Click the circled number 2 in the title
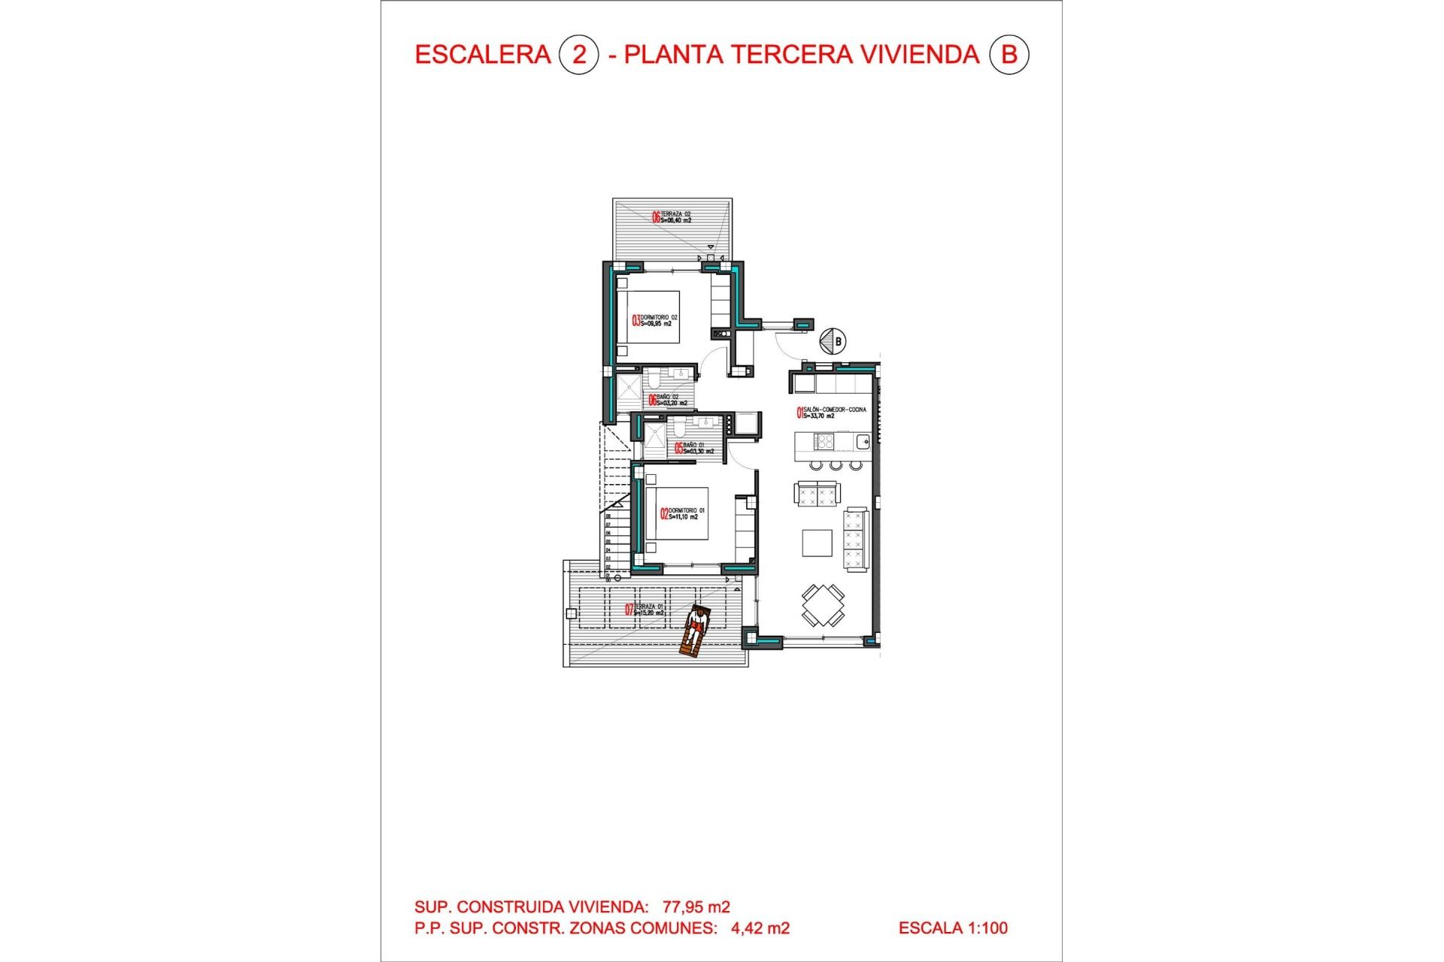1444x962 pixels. (x=578, y=55)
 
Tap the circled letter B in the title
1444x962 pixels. (x=1008, y=55)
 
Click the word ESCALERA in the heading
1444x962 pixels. (x=483, y=55)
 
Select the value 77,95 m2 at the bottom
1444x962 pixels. (x=696, y=907)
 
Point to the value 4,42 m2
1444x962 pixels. (x=760, y=928)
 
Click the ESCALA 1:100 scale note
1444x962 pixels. (x=953, y=928)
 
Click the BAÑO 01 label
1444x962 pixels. (x=696, y=448)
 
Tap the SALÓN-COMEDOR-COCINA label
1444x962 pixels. (x=833, y=412)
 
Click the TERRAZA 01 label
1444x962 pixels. (x=648, y=610)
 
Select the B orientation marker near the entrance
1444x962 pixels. (x=833, y=341)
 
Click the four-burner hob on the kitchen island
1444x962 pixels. (x=824, y=442)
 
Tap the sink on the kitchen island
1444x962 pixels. (x=863, y=442)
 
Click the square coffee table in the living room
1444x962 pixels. (x=817, y=543)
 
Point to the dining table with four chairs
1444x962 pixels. (x=822, y=605)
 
